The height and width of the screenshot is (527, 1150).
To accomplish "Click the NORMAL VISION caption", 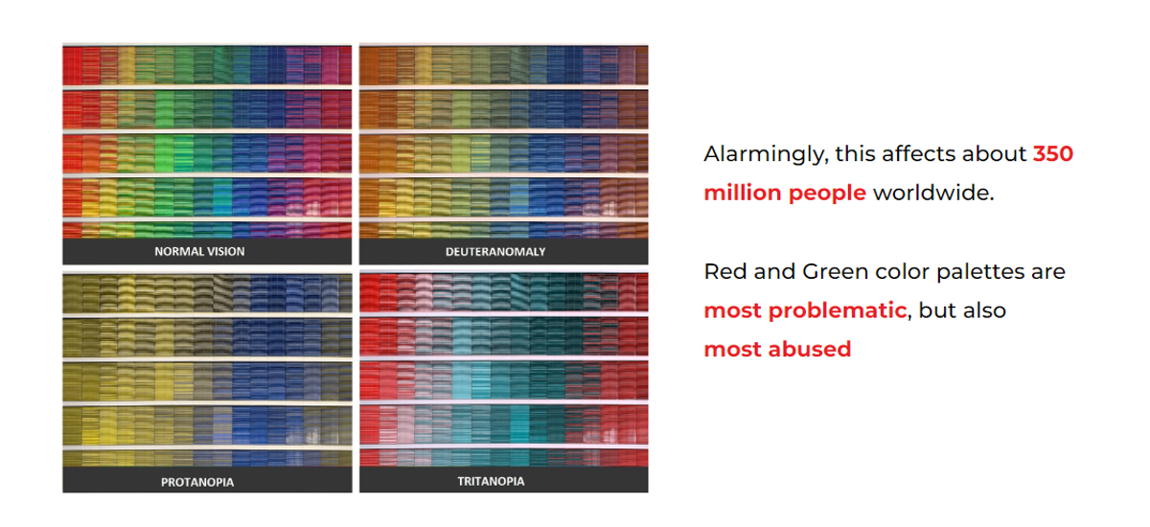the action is pos(199,251).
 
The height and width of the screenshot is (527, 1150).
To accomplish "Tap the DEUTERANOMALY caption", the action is pos(495,252).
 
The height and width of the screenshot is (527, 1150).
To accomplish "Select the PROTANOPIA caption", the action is pos(197,482).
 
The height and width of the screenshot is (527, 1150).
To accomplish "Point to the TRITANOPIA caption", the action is pos(491,481).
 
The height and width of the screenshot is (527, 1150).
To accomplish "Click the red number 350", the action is pos(1053,154).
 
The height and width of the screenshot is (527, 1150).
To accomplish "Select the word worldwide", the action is pos(933,193).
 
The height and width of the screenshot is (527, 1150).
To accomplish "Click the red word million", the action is pos(743,193).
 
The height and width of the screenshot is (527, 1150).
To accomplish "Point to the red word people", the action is pos(827,195).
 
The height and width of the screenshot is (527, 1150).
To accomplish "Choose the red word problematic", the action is pos(838,311).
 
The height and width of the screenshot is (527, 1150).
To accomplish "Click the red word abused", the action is pos(810,350).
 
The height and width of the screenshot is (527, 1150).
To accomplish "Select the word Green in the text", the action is pos(832,271).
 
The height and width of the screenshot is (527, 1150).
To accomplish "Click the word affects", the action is pos(918,154).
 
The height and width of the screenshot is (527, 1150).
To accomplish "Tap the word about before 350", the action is pos(994,154).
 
